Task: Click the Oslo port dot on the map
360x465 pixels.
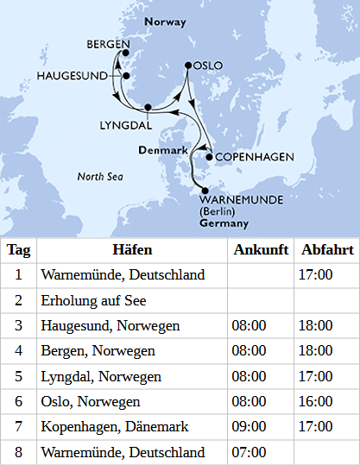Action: [188, 65]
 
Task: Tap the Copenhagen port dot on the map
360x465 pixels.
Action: [209, 157]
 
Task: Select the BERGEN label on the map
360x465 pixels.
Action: [108, 44]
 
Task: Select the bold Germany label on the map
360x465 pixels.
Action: [224, 223]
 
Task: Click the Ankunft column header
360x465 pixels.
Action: [256, 250]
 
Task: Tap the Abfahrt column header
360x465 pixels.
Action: [327, 250]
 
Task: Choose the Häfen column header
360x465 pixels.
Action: [132, 250]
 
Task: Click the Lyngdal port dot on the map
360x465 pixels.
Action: [148, 107]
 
